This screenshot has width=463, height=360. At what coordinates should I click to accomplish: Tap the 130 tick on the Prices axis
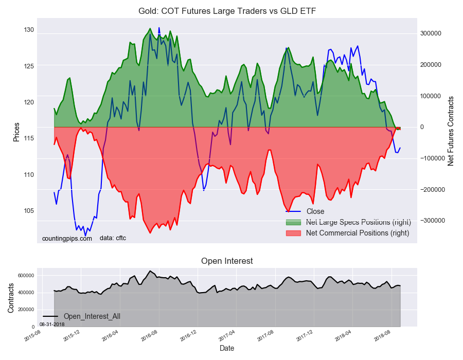pyautogui.click(x=28, y=30)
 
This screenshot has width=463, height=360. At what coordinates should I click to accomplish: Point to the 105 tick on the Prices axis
pyautogui.click(x=28, y=211)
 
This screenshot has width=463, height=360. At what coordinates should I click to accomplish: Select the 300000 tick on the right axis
pyautogui.click(x=431, y=33)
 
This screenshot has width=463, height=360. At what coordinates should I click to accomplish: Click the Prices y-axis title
pyautogui.click(x=16, y=132)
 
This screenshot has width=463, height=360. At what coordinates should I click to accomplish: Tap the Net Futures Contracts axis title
pyautogui.click(x=451, y=131)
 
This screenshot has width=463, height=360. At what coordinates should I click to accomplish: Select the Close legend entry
pyautogui.click(x=315, y=211)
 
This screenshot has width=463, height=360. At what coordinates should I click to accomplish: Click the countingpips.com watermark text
pyautogui.click(x=67, y=239)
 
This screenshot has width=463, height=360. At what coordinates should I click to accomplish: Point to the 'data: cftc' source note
pyautogui.click(x=113, y=238)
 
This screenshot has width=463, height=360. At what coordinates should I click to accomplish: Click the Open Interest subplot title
pyautogui.click(x=227, y=261)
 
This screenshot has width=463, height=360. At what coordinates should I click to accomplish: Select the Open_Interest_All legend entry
pyautogui.click(x=92, y=316)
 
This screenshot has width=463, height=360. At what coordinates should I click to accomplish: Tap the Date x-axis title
pyautogui.click(x=227, y=348)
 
